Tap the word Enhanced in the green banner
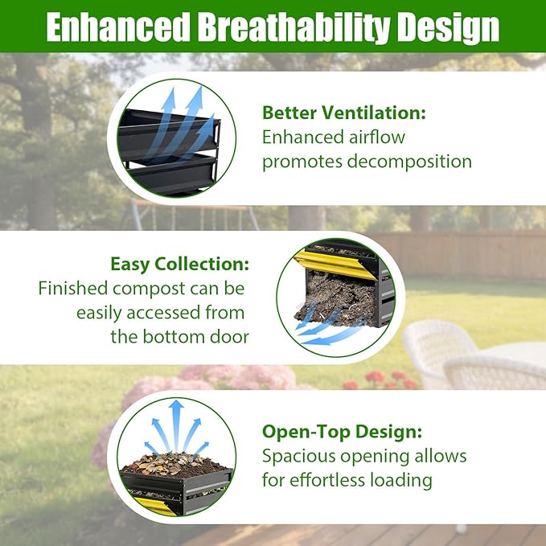click(x=118, y=27)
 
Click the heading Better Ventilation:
click(x=344, y=113)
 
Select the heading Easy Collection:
click(x=179, y=265)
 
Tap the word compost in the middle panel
click(x=149, y=289)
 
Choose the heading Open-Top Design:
click(x=343, y=432)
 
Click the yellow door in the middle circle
click(x=335, y=264)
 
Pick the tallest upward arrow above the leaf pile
click(x=177, y=425)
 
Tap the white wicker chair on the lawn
click(x=438, y=351)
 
